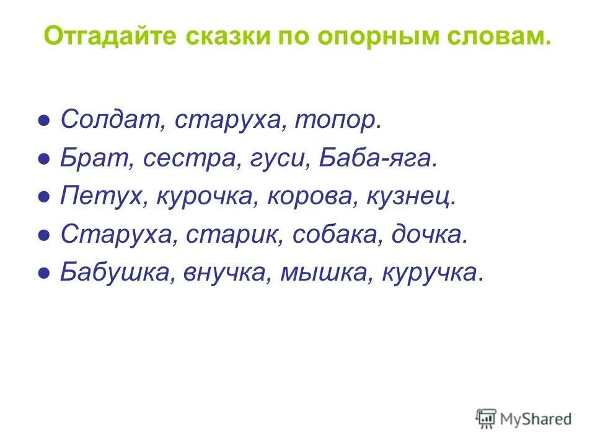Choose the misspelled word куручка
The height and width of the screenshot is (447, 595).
tap(430, 273)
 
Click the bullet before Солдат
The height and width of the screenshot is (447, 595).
tap(44, 120)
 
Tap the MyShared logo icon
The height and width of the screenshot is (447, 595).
tap(487, 418)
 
